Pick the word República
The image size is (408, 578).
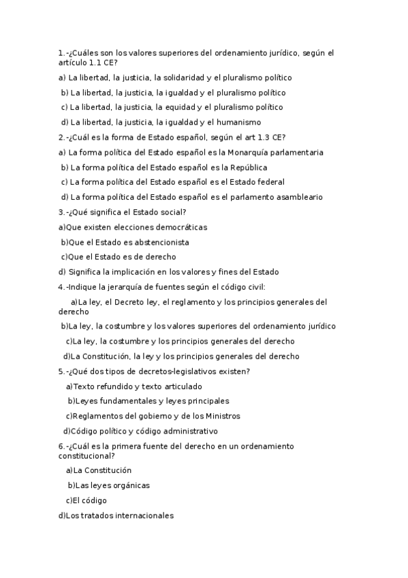(x=243, y=168)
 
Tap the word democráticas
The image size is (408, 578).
(x=177, y=228)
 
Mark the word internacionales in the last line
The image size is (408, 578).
(x=141, y=516)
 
